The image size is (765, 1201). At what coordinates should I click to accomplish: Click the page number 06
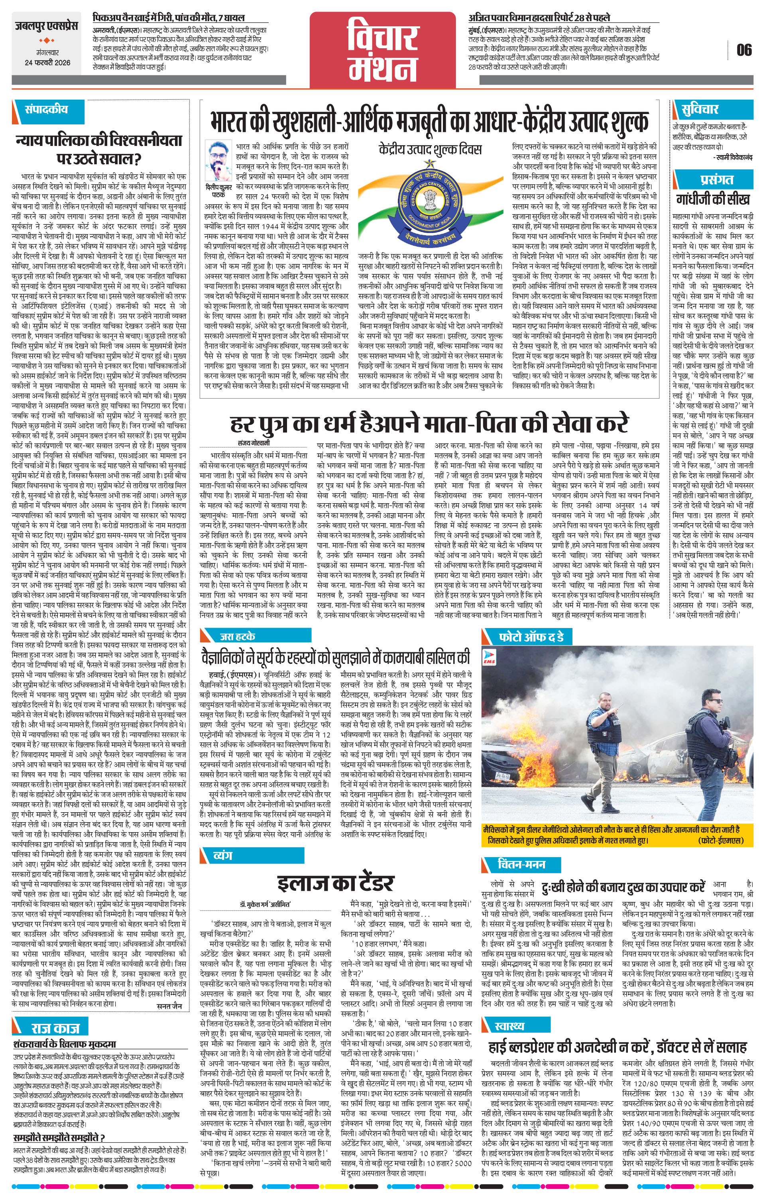(743, 50)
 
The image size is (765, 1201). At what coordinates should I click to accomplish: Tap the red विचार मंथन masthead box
(383, 50)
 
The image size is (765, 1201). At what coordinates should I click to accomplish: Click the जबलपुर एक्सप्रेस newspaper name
(46, 26)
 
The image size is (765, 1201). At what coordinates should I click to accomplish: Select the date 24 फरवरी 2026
(47, 62)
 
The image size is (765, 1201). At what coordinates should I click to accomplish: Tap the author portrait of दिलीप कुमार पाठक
(218, 161)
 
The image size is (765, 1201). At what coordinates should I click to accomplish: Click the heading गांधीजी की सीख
(713, 199)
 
